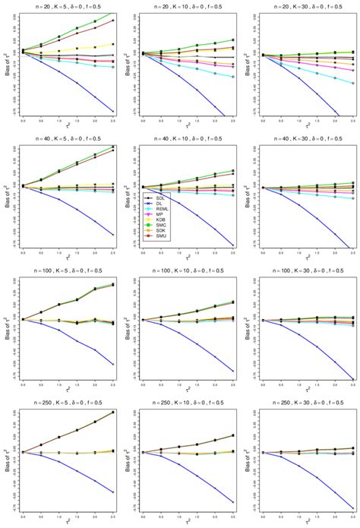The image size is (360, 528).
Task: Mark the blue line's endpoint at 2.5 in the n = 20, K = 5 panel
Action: click(x=113, y=112)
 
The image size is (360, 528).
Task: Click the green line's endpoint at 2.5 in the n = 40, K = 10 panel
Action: click(x=232, y=170)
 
